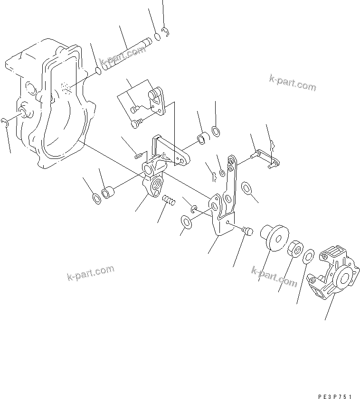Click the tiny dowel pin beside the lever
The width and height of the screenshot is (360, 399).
(139, 154)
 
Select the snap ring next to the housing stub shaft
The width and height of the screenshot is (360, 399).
(4, 123)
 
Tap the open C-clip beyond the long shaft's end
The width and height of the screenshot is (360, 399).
(166, 32)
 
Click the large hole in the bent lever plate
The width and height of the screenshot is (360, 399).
(214, 206)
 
